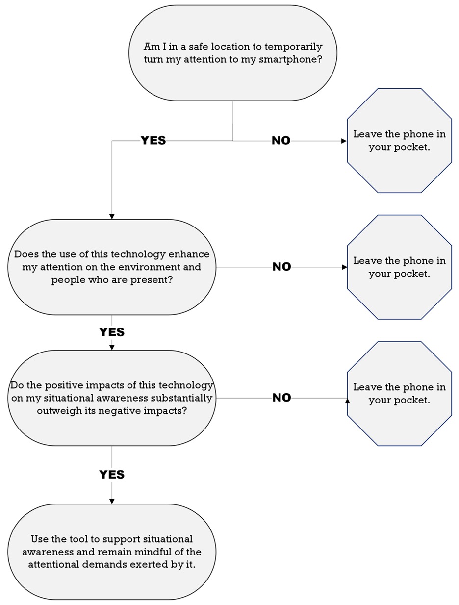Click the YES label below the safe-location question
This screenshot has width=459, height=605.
[x=153, y=141]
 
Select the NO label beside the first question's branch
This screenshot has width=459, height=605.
[x=281, y=141]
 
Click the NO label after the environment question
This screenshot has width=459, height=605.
[x=281, y=267]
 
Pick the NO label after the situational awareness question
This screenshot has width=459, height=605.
[x=281, y=398]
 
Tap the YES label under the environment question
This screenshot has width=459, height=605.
[x=112, y=332]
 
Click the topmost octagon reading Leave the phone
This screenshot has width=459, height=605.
[x=399, y=141]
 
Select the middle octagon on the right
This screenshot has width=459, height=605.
[x=399, y=267]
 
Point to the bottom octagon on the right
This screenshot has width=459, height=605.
[x=399, y=394]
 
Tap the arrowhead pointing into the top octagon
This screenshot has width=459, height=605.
[x=344, y=141]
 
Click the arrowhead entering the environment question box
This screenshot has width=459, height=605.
[x=112, y=216]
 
